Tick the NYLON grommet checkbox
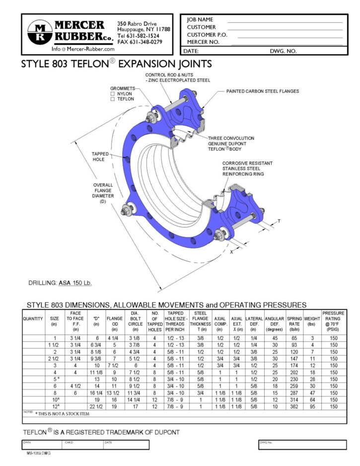pos(113,93)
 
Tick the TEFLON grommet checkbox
pos(113,99)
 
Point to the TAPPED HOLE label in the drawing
pos(100,157)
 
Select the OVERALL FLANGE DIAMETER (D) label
pos(103,193)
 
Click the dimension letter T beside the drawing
pos(279,221)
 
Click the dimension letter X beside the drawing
pos(231,251)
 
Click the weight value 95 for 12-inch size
pos(312,406)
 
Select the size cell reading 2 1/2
pos(54,358)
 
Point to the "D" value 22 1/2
pos(96,406)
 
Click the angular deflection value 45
pos(274,338)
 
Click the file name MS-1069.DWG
pos(39,453)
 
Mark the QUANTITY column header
pos(33,318)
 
